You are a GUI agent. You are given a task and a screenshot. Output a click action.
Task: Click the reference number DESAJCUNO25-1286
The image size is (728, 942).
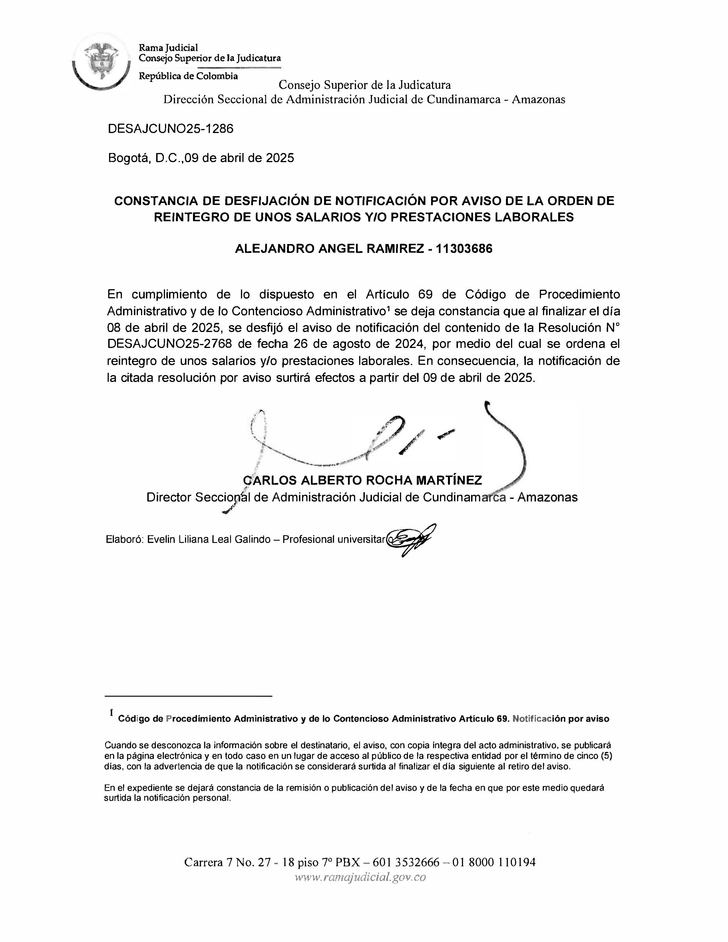pyautogui.click(x=170, y=128)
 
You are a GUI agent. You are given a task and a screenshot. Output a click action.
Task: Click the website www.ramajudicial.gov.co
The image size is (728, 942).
pyautogui.click(x=360, y=877)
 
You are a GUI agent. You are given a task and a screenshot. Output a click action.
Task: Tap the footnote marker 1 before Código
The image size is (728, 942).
pyautogui.click(x=112, y=712)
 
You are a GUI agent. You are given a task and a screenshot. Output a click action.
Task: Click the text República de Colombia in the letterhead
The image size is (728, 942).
pyautogui.click(x=188, y=76)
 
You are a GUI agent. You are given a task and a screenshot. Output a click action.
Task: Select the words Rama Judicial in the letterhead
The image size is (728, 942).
pyautogui.click(x=168, y=47)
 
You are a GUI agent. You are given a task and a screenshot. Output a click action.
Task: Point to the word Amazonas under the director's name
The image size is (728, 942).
pyautogui.click(x=547, y=497)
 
